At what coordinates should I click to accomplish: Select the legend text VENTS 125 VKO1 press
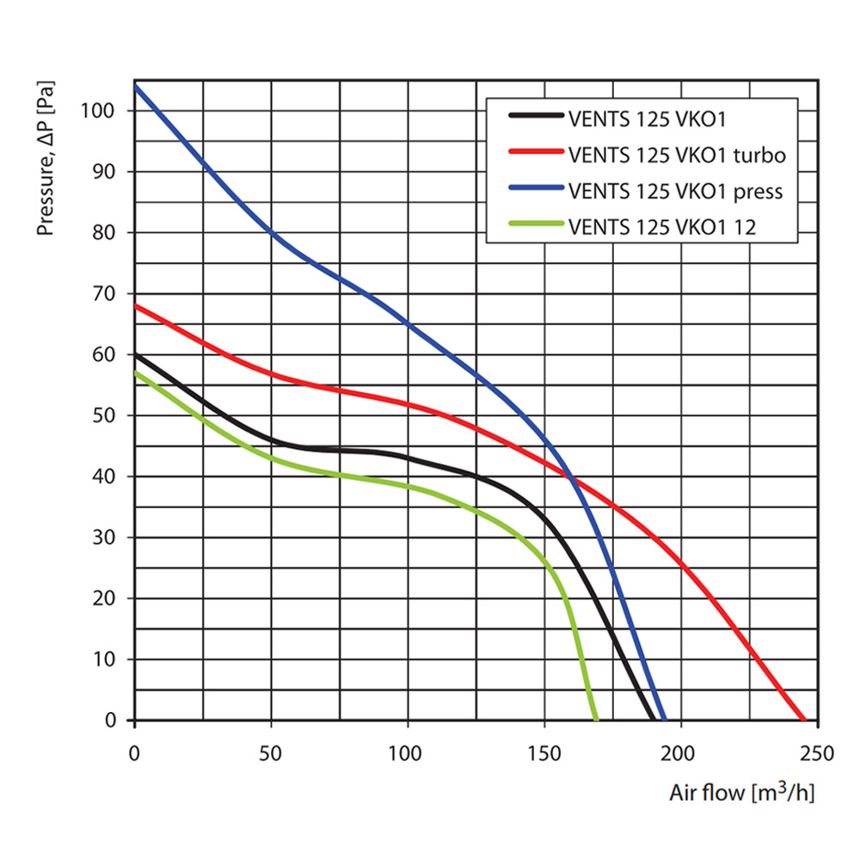click(x=675, y=191)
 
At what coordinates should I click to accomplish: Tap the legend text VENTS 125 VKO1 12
click(x=663, y=227)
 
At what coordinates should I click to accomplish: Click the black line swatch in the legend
click(x=535, y=117)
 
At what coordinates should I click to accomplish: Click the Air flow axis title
click(x=741, y=792)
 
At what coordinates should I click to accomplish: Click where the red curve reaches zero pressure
click(x=804, y=719)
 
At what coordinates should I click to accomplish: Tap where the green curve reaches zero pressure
click(x=595, y=719)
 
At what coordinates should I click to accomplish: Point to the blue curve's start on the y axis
click(x=135, y=86)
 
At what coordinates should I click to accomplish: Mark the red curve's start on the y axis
click(x=135, y=305)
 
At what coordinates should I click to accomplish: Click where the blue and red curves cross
click(x=569, y=476)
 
